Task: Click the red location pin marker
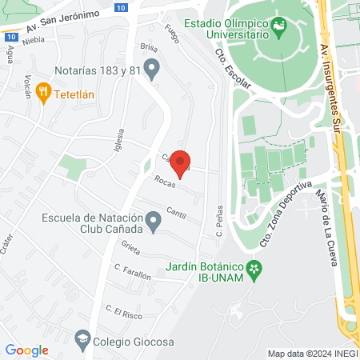[182, 162]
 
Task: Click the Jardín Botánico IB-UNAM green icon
[255, 270]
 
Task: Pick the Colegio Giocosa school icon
[82, 338]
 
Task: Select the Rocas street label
[165, 182]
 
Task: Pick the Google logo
[26, 350]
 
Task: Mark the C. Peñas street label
[218, 223]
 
